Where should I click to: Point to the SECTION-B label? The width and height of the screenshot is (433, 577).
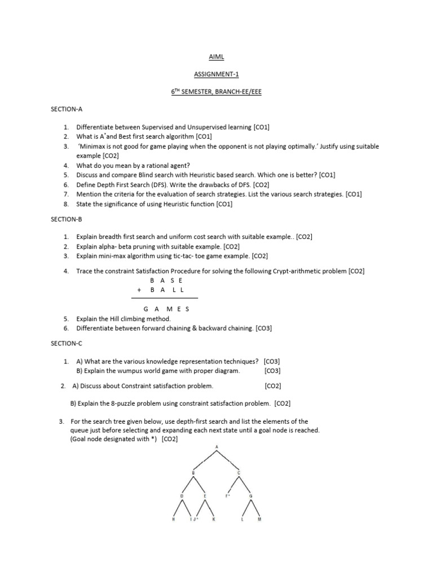pyautogui.click(x=67, y=219)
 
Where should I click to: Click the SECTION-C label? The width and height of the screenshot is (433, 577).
pyautogui.click(x=67, y=343)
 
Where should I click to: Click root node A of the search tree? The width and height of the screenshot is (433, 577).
pyautogui.click(x=216, y=447)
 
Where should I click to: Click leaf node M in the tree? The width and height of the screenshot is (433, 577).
pyautogui.click(x=260, y=519)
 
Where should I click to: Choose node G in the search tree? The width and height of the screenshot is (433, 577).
pyautogui.click(x=251, y=495)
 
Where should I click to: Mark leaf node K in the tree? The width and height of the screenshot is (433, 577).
pyautogui.click(x=214, y=519)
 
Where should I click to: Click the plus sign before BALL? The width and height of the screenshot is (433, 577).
pyautogui.click(x=138, y=289)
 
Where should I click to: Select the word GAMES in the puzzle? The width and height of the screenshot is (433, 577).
pyautogui.click(x=167, y=309)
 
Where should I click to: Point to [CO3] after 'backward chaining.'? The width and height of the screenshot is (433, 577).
pyautogui.click(x=263, y=328)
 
